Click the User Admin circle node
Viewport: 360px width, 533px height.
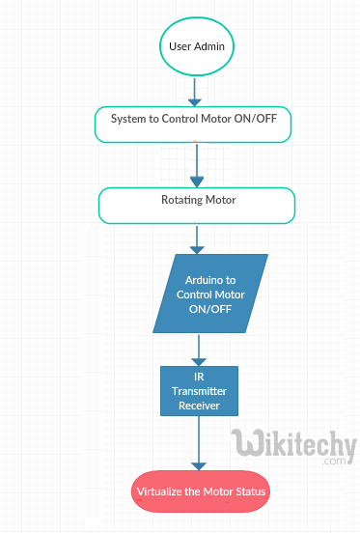[x=196, y=46]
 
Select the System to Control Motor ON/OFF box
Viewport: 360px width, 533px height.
[x=193, y=124]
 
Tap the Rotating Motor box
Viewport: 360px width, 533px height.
[x=197, y=204]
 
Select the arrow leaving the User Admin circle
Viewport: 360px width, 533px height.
[x=196, y=91]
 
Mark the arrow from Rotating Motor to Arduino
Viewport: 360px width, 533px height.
[x=198, y=238]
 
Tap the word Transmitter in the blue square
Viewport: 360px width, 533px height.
[x=198, y=392]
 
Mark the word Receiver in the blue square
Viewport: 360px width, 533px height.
[x=198, y=406]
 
